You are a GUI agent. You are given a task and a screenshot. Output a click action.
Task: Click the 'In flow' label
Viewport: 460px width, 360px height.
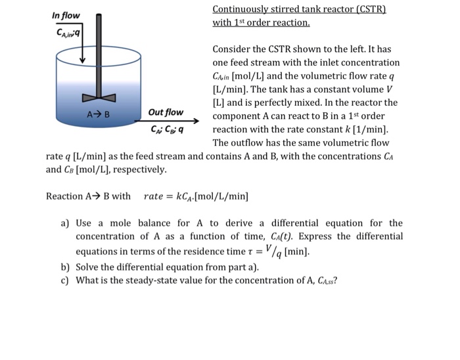click(x=66, y=15)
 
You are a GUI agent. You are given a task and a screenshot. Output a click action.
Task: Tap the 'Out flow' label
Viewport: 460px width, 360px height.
click(x=166, y=112)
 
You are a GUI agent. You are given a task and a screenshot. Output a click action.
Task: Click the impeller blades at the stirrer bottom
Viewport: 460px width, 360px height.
click(x=99, y=98)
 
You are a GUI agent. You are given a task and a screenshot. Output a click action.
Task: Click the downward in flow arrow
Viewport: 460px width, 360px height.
click(x=82, y=50)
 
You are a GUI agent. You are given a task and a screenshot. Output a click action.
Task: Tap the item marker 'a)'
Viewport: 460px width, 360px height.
click(x=65, y=223)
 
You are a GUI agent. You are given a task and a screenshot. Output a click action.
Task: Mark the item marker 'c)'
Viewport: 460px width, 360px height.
click(x=65, y=281)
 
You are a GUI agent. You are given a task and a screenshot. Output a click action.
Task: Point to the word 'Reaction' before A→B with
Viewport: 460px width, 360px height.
click(x=64, y=196)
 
